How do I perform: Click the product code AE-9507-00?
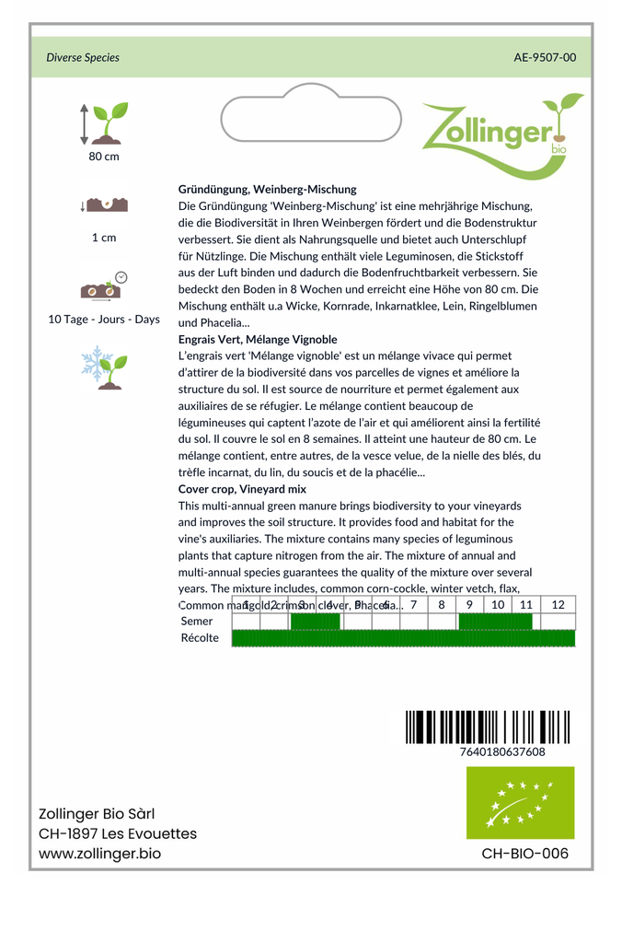pos(545,57)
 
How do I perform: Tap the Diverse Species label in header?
pos(83,57)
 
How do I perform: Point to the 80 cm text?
pos(104,157)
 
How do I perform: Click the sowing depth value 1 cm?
pos(104,238)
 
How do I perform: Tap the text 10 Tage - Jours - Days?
pos(104,320)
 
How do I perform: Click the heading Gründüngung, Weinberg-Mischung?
pos(267,189)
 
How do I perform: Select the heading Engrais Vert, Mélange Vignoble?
pos(258,339)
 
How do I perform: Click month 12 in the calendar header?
pos(558,605)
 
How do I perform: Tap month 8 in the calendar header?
pos(442,605)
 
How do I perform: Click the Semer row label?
pos(197,622)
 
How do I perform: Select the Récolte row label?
pos(200,638)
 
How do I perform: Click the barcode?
pos(488,727)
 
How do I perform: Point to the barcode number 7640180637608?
pos(501,751)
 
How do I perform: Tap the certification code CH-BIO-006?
pos(524,854)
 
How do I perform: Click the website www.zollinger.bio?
pos(99,854)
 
